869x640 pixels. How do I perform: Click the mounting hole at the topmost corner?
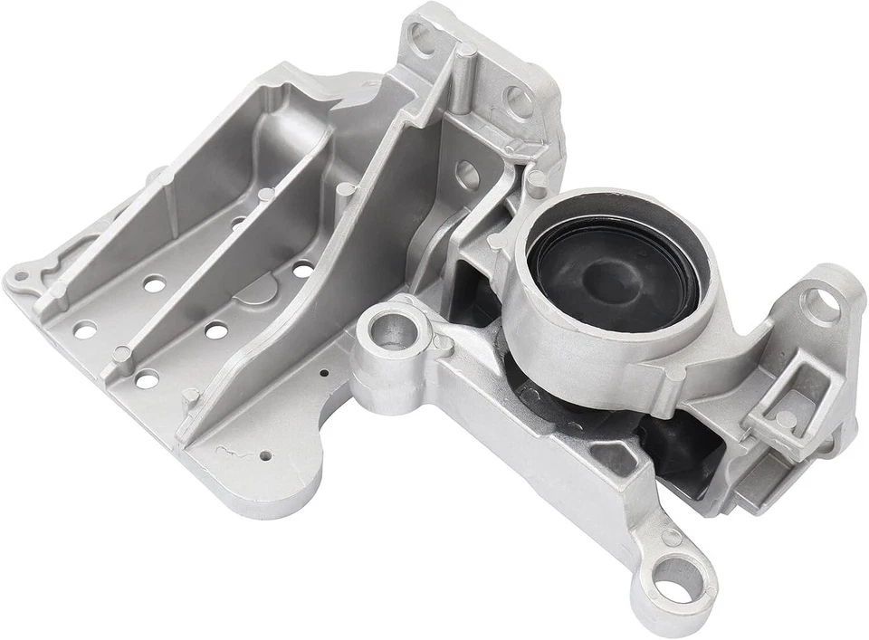[421, 35]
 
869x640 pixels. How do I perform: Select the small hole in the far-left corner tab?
[21, 274]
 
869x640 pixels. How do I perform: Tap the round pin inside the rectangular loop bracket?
[787, 418]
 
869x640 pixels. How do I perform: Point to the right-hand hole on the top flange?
[517, 98]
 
